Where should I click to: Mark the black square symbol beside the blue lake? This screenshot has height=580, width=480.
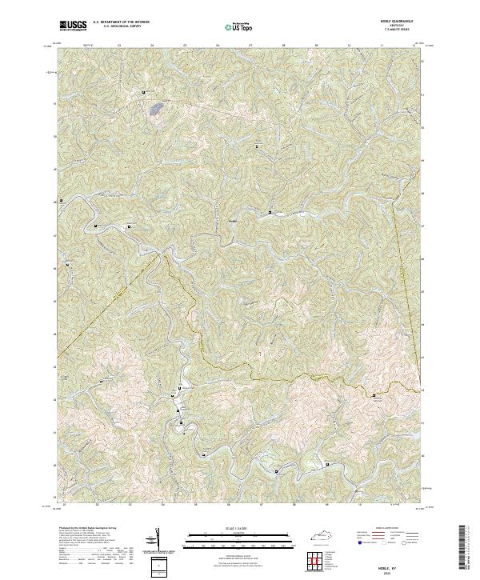pyautogui.click(x=143, y=94)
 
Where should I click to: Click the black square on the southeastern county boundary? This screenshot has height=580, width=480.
pyautogui.click(x=373, y=394)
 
